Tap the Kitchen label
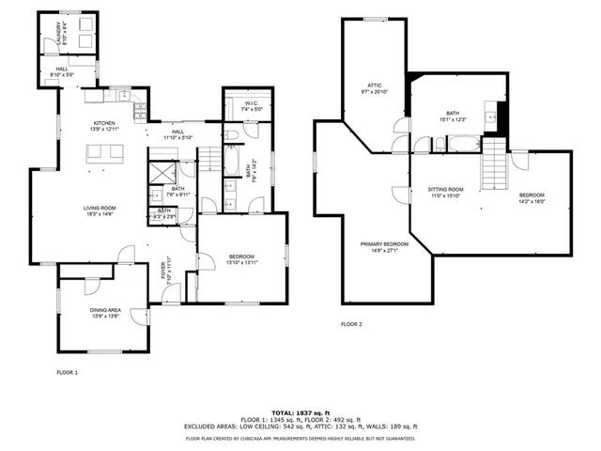point(103,126)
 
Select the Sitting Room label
point(447,193)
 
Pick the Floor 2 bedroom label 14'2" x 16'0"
point(532,198)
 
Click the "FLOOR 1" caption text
point(68,373)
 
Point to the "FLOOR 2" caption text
point(351,324)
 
